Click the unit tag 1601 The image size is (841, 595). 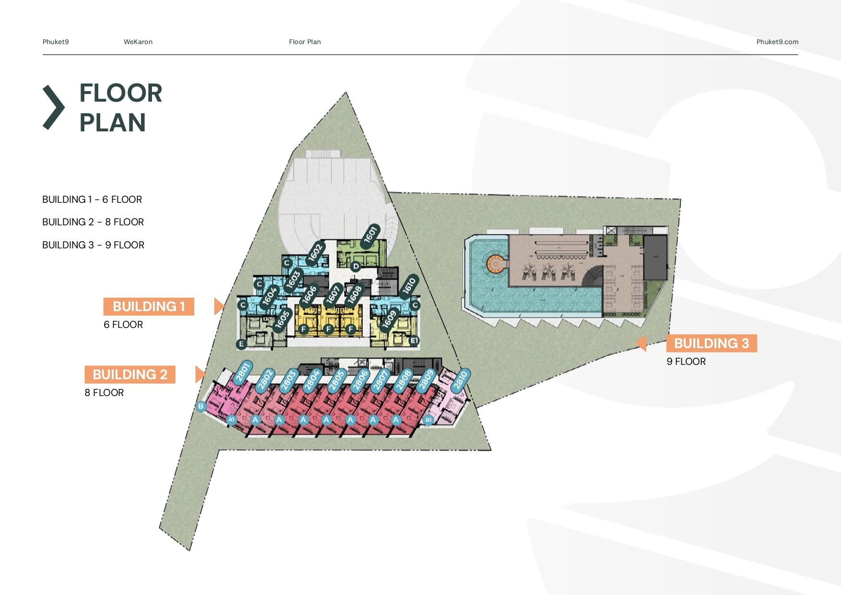tap(370, 236)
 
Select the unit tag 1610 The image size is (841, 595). tap(409, 286)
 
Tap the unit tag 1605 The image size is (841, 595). tap(282, 319)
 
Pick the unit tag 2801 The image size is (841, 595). tap(243, 372)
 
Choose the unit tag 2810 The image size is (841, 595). tap(460, 381)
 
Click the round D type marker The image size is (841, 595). tap(355, 266)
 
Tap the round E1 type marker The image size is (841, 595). tap(415, 341)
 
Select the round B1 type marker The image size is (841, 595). tap(428, 420)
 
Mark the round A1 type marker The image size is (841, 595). tap(232, 420)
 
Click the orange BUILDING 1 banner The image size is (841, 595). tap(149, 306)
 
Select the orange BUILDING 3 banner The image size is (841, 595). tap(712, 343)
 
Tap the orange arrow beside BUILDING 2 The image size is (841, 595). tap(200, 374)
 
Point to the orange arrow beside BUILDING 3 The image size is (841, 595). tap(641, 343)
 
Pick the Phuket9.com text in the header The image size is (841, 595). tap(777, 42)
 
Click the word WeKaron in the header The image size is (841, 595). tap(138, 42)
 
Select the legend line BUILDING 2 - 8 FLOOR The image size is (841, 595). tap(93, 222)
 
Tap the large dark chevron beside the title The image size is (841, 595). tap(53, 107)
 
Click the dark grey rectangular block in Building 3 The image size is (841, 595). tap(655, 257)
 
